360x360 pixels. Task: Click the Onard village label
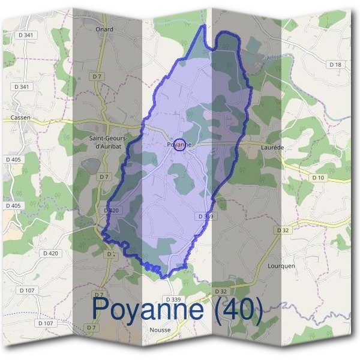[x=104, y=29]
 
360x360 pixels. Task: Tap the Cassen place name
[x=21, y=118]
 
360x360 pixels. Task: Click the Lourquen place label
[x=283, y=265]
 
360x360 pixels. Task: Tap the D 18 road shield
[x=335, y=64]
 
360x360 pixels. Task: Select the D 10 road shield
[x=318, y=178]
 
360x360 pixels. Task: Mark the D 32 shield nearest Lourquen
[x=283, y=230]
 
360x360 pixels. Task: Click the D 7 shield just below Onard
[x=97, y=77]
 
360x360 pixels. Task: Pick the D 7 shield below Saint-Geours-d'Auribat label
[x=104, y=176]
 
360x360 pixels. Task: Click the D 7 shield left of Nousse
[x=91, y=327]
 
